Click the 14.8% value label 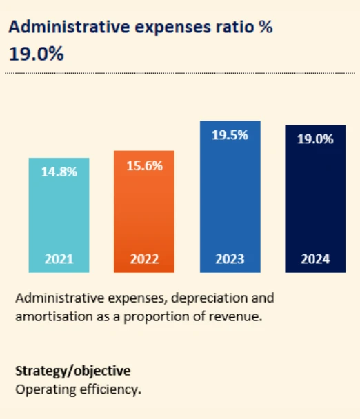[x=59, y=173]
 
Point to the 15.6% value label [x=144, y=166]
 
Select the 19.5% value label [x=230, y=136]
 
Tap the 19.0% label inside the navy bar [x=315, y=139]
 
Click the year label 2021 [x=59, y=260]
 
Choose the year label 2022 [x=144, y=260]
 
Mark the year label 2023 [x=230, y=260]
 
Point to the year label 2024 [x=315, y=260]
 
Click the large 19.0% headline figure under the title [x=37, y=53]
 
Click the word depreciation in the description [x=197, y=298]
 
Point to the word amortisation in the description [x=52, y=317]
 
